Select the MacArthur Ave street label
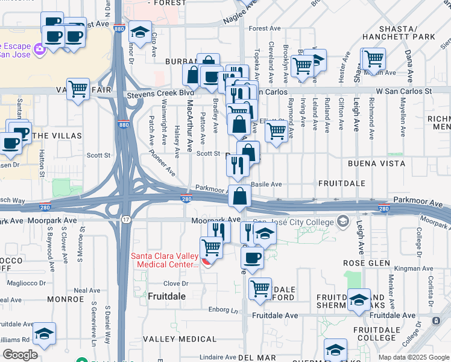(189, 126)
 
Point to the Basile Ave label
(267, 184)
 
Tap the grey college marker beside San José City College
(344, 222)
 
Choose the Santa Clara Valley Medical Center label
(165, 260)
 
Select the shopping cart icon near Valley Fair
(78, 89)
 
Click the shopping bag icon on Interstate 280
(240, 195)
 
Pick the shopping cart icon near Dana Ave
(374, 59)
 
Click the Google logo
(20, 355)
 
